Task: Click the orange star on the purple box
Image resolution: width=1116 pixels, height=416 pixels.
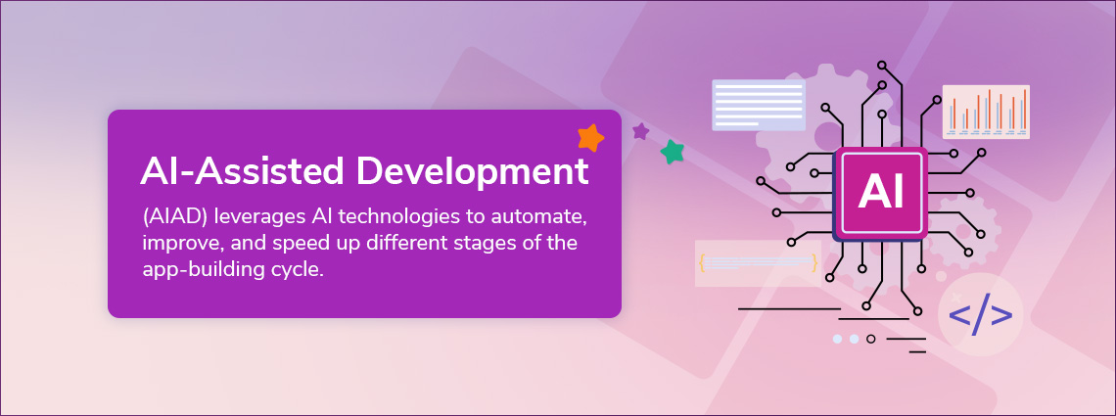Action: point(590,138)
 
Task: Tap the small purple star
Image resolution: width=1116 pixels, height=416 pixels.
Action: point(640,131)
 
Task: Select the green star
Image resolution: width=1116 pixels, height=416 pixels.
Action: point(672,152)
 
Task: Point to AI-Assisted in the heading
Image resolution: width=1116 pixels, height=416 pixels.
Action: point(243,171)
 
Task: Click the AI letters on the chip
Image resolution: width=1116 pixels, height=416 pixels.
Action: point(880,192)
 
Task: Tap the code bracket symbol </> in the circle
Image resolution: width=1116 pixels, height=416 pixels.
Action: point(981,316)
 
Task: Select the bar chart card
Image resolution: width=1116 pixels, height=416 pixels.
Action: point(986,112)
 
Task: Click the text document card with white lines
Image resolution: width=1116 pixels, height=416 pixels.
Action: point(759,105)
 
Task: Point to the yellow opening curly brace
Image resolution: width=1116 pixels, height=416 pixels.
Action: point(702,261)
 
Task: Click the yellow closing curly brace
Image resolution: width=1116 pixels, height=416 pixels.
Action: point(814,261)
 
